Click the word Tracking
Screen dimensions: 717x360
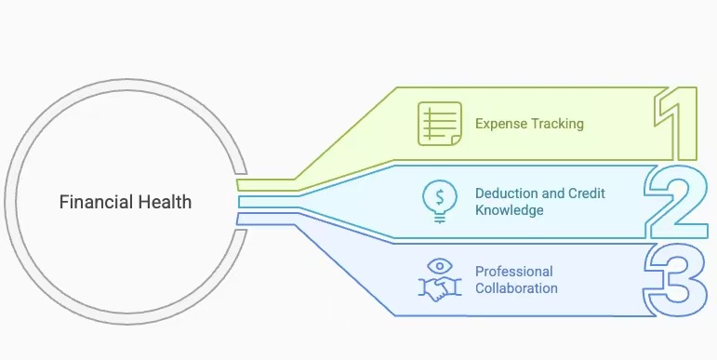point(556,124)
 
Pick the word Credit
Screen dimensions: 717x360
point(587,193)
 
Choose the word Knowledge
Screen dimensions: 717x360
point(509,210)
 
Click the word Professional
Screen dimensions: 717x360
point(513,272)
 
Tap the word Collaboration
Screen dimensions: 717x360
point(516,288)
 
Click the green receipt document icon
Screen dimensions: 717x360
point(440,124)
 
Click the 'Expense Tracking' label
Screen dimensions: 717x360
point(529,124)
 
